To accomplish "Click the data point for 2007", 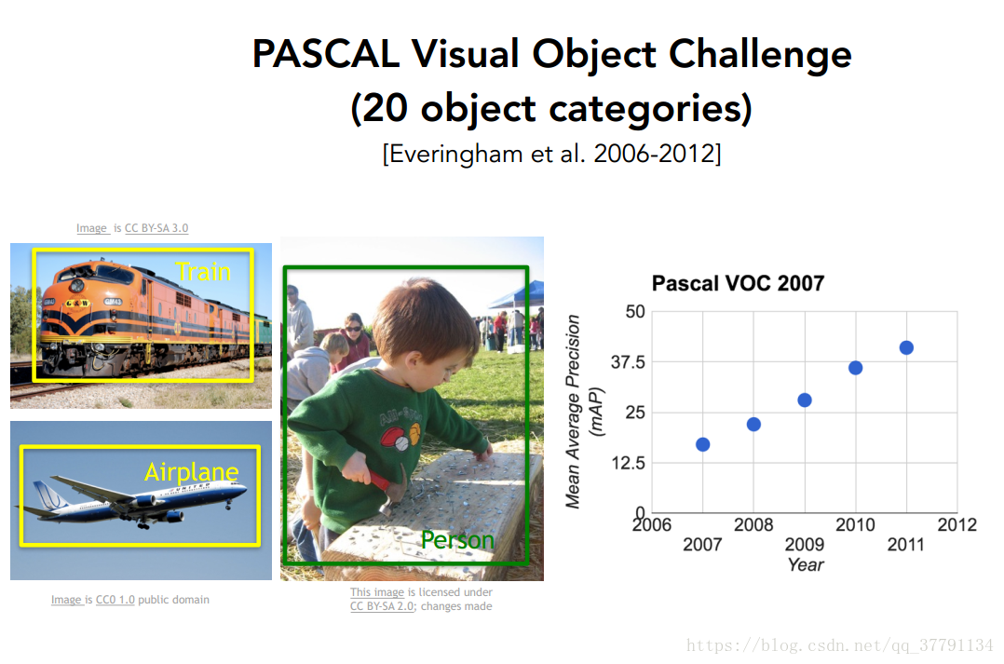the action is pyautogui.click(x=702, y=444).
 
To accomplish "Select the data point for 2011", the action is pyautogui.click(x=906, y=347).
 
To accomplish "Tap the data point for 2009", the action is pyautogui.click(x=805, y=400).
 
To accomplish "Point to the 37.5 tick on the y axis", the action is pyautogui.click(x=628, y=362).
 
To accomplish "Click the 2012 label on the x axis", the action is pyautogui.click(x=957, y=525).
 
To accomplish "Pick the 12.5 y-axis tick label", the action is pyautogui.click(x=628, y=463).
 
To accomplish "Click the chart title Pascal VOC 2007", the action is pyautogui.click(x=738, y=283).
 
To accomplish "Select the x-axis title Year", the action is pyautogui.click(x=806, y=564).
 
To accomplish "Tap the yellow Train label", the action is pyautogui.click(x=203, y=272).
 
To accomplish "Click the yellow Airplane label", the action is pyautogui.click(x=192, y=472).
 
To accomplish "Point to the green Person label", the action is pyautogui.click(x=457, y=540).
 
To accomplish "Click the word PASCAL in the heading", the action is pyautogui.click(x=326, y=53).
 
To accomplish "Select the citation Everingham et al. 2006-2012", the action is pyautogui.click(x=551, y=154).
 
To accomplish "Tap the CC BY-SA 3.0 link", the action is pyautogui.click(x=156, y=228).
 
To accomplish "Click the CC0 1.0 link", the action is pyautogui.click(x=115, y=600).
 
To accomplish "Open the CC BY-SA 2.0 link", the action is pyautogui.click(x=382, y=606).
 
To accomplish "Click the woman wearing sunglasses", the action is pyautogui.click(x=355, y=339).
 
